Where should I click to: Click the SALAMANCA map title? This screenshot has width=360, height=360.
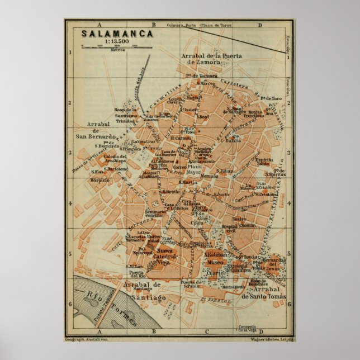(110, 34)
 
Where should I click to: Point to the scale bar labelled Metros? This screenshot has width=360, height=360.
(110, 47)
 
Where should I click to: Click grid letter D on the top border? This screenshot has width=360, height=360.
(259, 25)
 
